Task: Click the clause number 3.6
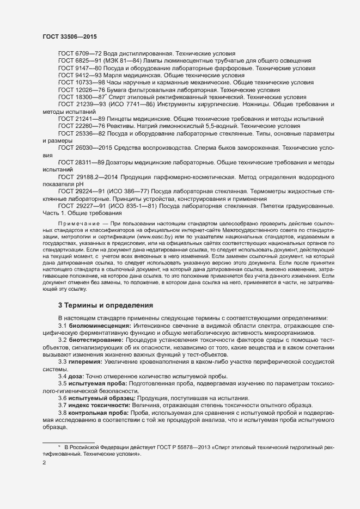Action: click(x=63, y=397)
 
